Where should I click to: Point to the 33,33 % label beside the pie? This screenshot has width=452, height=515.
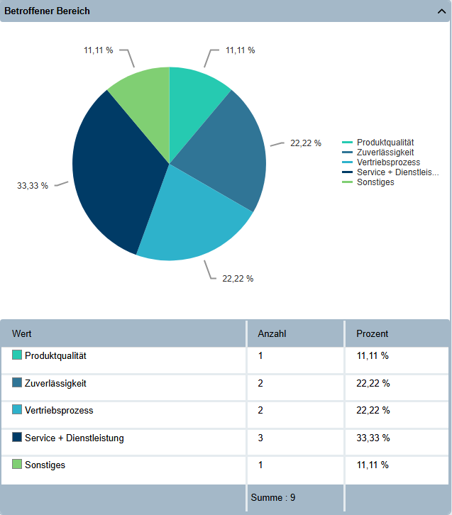click(33, 186)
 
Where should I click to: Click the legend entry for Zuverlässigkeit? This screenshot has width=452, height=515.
click(377, 153)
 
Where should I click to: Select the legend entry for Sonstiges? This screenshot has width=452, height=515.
click(368, 182)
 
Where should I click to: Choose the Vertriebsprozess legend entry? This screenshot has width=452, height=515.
click(381, 162)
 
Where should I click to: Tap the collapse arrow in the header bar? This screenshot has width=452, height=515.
click(441, 11)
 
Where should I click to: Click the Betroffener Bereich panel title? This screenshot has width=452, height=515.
click(47, 11)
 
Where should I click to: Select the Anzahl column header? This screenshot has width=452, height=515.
click(272, 333)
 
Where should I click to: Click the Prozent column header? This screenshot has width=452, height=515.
click(373, 333)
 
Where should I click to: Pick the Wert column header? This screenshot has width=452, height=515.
click(22, 333)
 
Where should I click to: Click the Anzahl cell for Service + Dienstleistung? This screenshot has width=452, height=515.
click(260, 438)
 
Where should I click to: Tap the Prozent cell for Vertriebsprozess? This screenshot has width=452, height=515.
click(373, 410)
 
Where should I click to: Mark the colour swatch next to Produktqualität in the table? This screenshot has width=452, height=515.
click(17, 355)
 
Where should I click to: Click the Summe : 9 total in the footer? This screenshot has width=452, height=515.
click(273, 497)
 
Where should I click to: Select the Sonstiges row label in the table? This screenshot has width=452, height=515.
click(45, 465)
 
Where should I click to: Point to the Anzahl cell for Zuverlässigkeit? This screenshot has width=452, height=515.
click(260, 383)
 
